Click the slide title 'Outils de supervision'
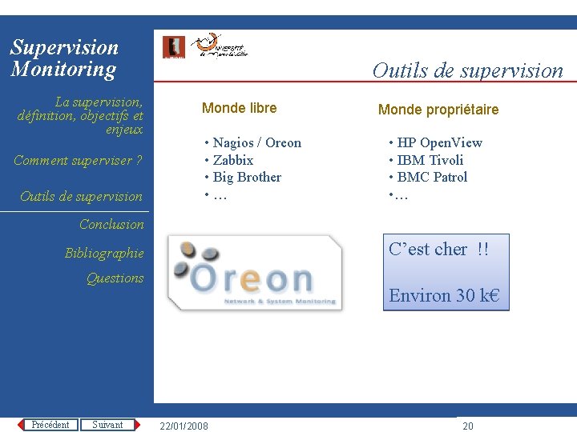click(467, 70)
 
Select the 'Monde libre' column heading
click(239, 108)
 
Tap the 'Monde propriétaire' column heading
click(438, 110)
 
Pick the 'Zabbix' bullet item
click(232, 160)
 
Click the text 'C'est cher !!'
click(438, 250)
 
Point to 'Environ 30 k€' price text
click(443, 295)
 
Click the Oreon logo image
click(255, 272)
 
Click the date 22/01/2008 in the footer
click(184, 426)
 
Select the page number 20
click(468, 426)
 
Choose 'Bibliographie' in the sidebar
click(104, 254)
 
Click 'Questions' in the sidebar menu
click(115, 278)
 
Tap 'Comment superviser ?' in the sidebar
click(78, 161)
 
